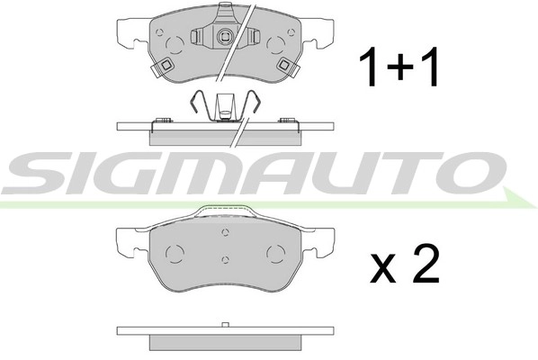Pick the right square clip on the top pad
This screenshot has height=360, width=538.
click(285, 66)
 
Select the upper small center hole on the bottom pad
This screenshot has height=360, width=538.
click(225, 232)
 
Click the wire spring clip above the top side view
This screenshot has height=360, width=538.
click(225, 106)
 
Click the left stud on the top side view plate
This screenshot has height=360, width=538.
click(163, 119)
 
